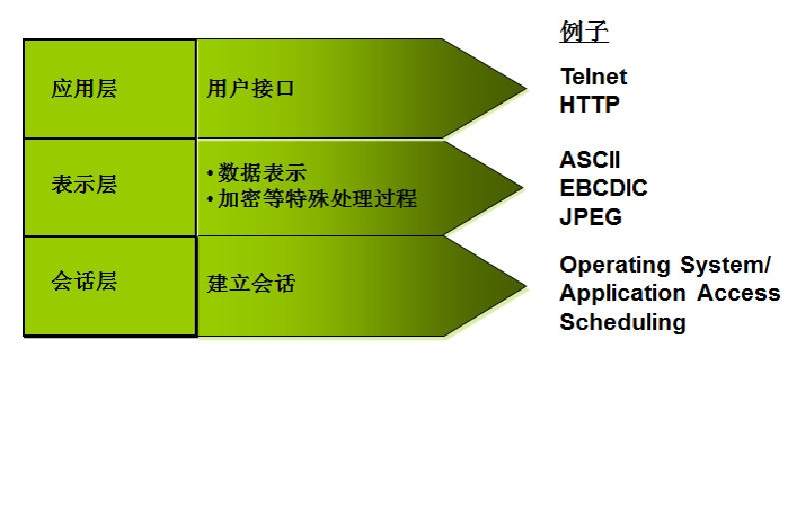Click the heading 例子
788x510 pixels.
click(x=584, y=33)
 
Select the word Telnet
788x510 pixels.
click(x=593, y=77)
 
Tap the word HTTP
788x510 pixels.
click(x=589, y=105)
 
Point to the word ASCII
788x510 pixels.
click(x=589, y=160)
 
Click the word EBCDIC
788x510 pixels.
click(x=603, y=188)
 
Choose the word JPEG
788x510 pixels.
click(x=590, y=216)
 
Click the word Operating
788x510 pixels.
click(x=614, y=266)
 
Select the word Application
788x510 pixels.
click(x=622, y=294)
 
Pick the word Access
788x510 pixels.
click(x=739, y=294)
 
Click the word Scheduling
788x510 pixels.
click(x=622, y=322)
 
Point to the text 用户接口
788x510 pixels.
click(x=251, y=89)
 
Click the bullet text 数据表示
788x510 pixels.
click(x=262, y=173)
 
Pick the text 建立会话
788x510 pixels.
click(x=251, y=284)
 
